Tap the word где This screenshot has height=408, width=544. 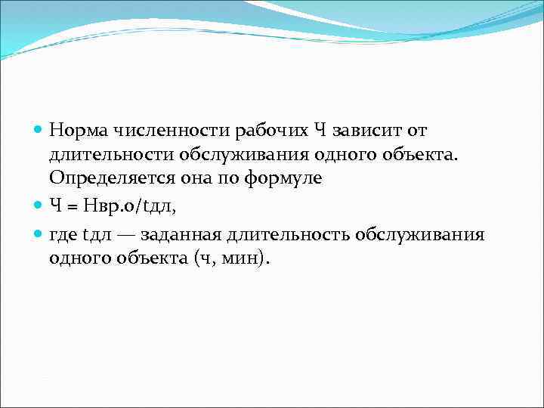pyautogui.click(x=62, y=234)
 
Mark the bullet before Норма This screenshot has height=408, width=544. pyautogui.click(x=39, y=131)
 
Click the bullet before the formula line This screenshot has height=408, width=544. pyautogui.click(x=39, y=202)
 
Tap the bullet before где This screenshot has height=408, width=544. pyautogui.click(x=39, y=234)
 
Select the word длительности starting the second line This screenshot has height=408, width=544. pyautogui.click(x=111, y=155)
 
